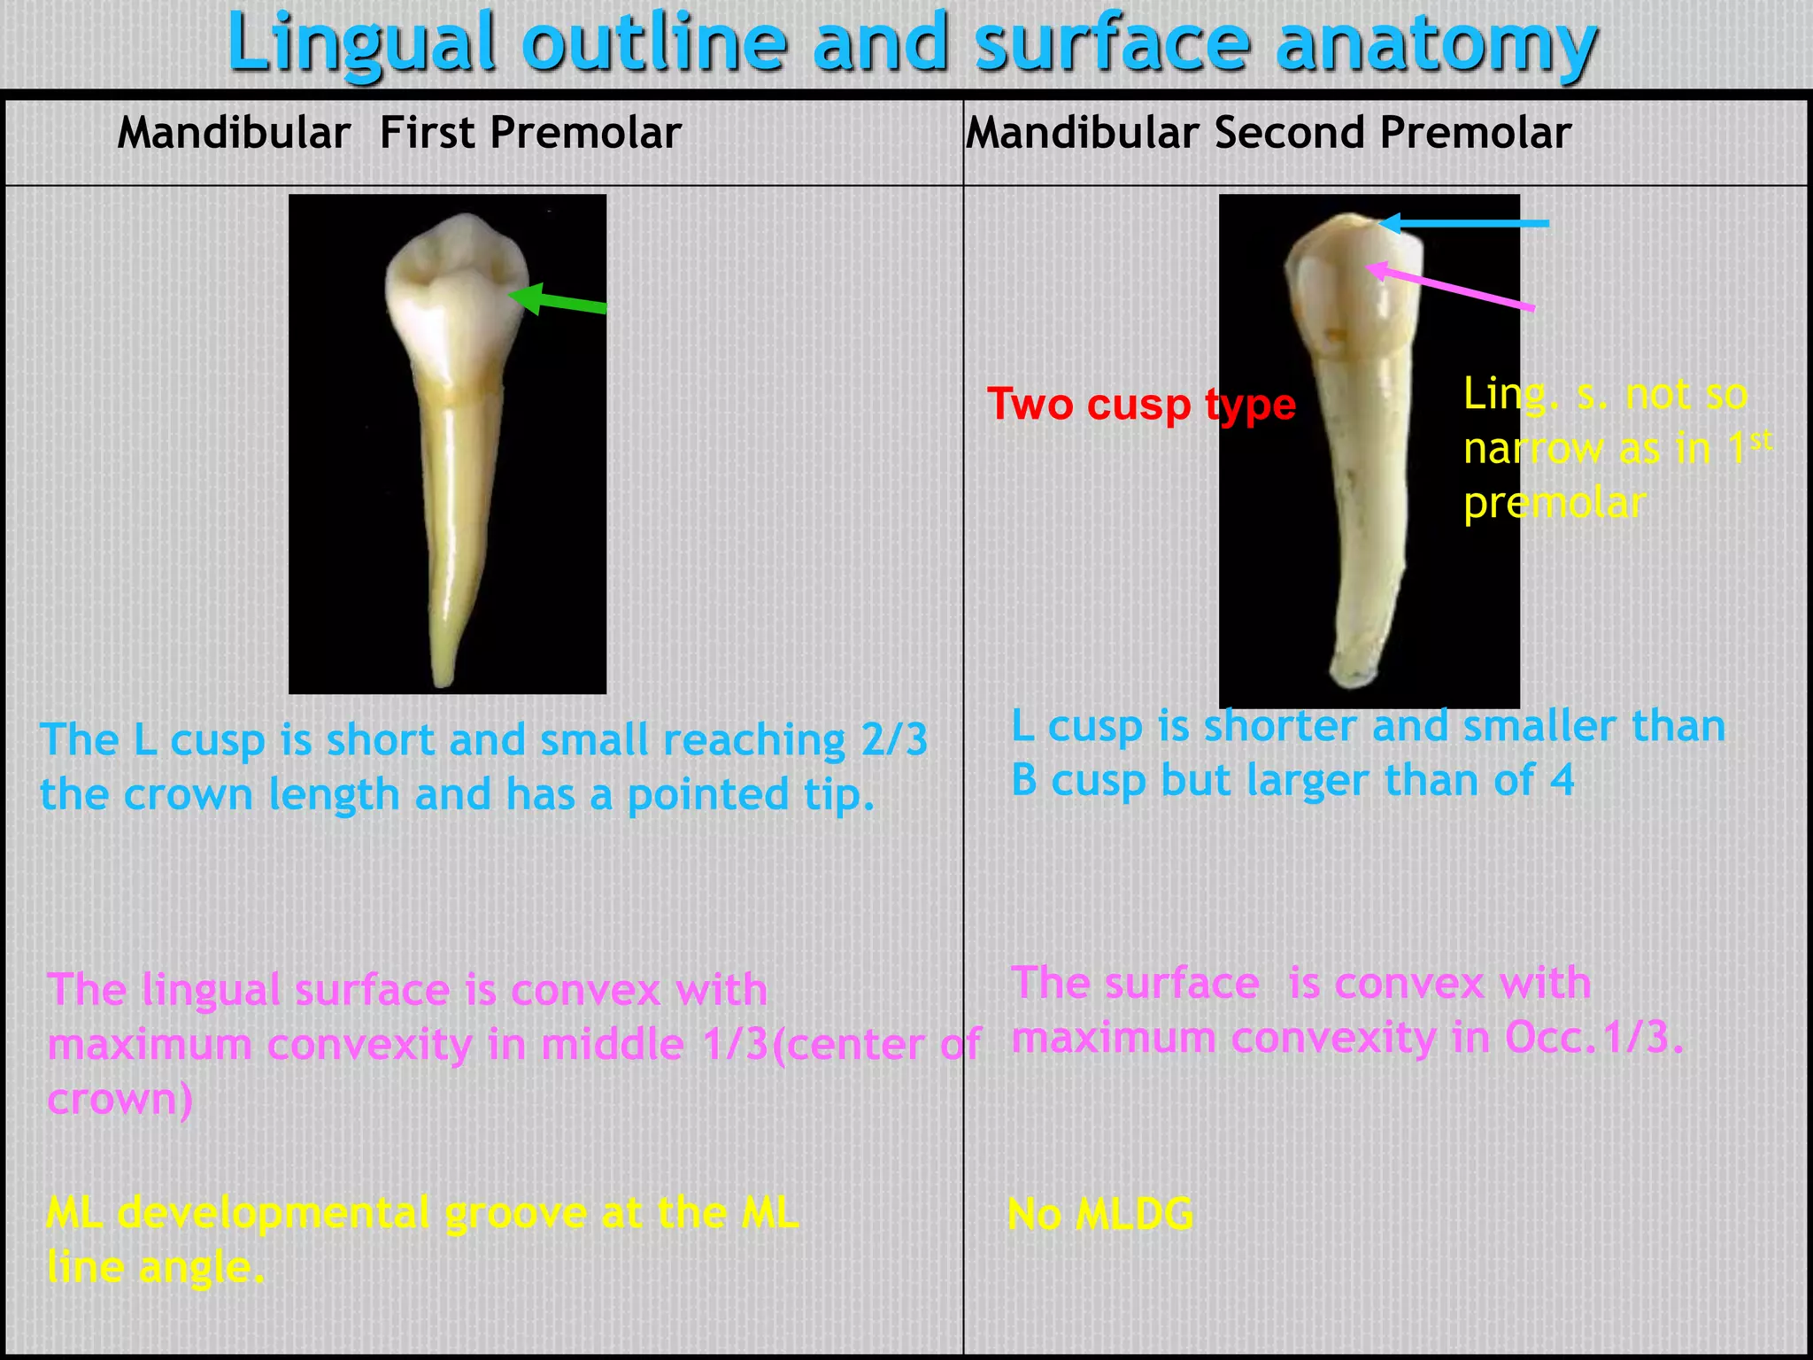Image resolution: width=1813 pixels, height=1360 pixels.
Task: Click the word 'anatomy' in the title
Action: click(x=1436, y=44)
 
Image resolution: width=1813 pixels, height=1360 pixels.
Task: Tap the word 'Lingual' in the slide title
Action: click(x=361, y=44)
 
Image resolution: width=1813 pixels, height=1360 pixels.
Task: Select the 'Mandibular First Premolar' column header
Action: click(x=398, y=134)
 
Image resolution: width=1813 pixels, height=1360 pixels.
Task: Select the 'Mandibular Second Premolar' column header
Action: click(x=1268, y=134)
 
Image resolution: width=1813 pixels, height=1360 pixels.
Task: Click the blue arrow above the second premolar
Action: click(x=1465, y=224)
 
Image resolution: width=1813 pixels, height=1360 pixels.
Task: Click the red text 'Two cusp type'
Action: click(x=1141, y=405)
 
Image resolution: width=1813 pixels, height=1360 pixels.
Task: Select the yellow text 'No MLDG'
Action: click(x=1100, y=1214)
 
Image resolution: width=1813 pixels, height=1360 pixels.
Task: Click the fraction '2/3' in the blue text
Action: click(x=894, y=740)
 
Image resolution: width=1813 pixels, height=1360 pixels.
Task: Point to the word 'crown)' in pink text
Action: click(x=120, y=1100)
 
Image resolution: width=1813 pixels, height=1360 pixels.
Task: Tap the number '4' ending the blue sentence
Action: click(x=1562, y=781)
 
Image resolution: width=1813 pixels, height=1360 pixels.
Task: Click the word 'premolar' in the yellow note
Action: click(x=1555, y=504)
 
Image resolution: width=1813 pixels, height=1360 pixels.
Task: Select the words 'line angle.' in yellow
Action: click(x=156, y=1268)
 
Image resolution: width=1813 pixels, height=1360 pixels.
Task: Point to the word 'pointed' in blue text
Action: click(x=707, y=795)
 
